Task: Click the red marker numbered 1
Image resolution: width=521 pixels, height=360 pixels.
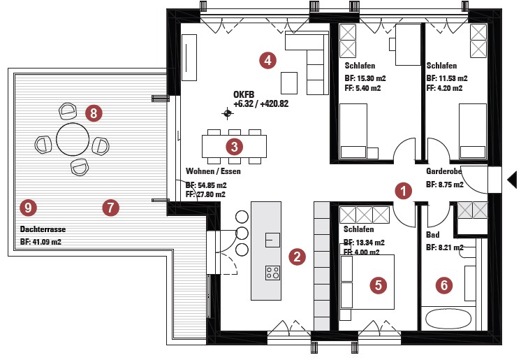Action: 403,191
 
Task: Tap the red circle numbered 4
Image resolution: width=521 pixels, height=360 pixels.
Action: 267,60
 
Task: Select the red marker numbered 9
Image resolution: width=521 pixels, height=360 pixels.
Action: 28,208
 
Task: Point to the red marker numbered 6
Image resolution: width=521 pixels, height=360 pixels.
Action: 444,285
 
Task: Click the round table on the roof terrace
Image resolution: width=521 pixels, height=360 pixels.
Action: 73,139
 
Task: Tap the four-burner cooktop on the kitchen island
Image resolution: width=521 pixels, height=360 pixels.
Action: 272,273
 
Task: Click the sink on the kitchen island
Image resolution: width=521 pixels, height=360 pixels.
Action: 272,240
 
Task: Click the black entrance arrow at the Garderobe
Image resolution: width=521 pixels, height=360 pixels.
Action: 513,180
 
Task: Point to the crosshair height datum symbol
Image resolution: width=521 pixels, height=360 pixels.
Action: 227,113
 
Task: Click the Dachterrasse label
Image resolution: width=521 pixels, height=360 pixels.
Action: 43,229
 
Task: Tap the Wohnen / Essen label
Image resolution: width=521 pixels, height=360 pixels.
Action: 213,171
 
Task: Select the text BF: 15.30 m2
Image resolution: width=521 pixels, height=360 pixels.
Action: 365,78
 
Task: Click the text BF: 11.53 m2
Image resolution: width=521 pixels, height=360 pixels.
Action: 447,78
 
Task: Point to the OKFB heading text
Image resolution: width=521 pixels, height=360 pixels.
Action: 244,94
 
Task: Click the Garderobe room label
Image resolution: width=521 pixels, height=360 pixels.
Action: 444,171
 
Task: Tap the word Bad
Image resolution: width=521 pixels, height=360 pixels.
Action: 432,235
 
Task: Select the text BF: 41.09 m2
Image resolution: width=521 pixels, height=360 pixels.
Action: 41,242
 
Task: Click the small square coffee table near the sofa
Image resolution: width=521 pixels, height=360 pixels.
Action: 289,83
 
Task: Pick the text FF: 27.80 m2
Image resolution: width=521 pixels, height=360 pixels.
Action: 205,194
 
